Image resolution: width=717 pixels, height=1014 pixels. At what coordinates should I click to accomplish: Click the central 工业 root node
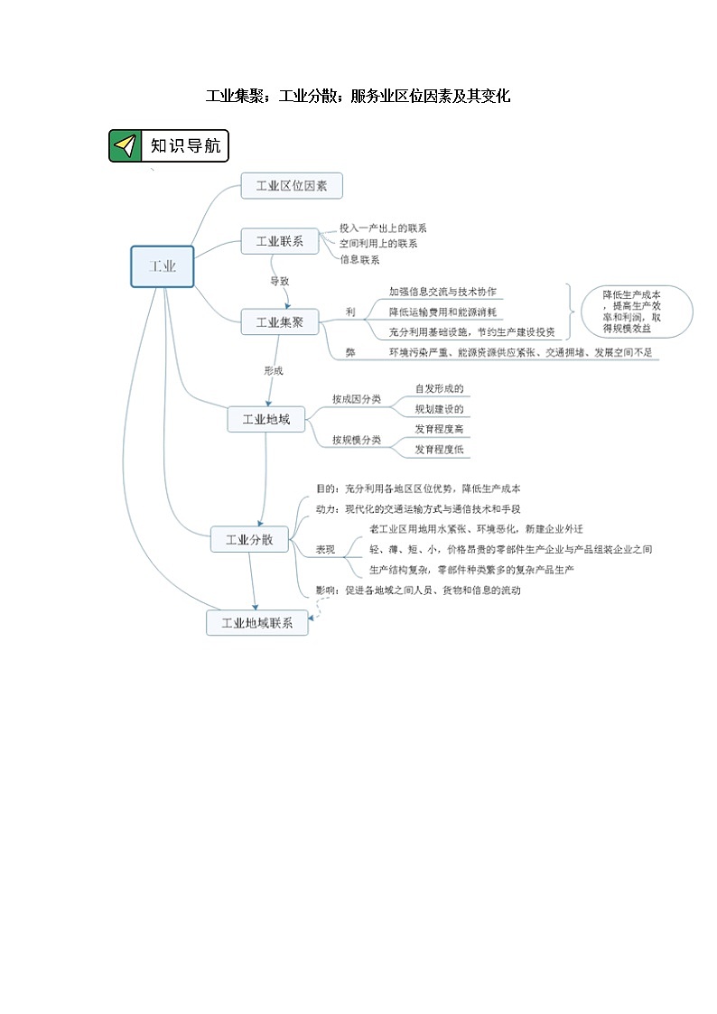[163, 266]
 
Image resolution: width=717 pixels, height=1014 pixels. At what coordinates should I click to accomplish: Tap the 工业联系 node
[279, 241]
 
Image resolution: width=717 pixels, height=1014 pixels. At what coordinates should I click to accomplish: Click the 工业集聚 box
[279, 321]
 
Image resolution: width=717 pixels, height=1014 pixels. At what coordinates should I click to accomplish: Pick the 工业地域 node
[265, 419]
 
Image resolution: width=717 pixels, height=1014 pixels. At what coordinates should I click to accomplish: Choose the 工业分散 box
[248, 540]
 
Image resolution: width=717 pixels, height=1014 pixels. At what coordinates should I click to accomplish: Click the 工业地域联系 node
[256, 623]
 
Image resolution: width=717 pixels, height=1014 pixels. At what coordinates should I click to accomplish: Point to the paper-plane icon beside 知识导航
[126, 145]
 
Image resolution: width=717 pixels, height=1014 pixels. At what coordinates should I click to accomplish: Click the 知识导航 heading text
[185, 145]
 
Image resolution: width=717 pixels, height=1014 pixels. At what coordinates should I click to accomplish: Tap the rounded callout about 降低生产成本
[638, 312]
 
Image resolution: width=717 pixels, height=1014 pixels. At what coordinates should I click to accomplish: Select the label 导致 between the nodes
[280, 281]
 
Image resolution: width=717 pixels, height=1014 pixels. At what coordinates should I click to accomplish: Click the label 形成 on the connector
[274, 370]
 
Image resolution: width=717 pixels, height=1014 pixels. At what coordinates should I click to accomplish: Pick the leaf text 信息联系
[359, 259]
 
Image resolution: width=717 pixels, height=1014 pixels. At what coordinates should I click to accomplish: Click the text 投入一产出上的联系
[383, 228]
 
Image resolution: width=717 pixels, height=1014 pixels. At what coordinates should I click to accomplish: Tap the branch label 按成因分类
[356, 398]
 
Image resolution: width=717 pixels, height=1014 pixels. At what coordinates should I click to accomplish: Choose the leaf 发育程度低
[439, 449]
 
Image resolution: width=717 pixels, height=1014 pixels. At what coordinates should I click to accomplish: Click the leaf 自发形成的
[439, 388]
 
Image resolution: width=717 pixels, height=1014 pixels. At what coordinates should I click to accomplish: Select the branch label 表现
[325, 549]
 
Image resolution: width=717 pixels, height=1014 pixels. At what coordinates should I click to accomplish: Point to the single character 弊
[349, 352]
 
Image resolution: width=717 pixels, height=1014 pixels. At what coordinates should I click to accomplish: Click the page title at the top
[358, 96]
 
